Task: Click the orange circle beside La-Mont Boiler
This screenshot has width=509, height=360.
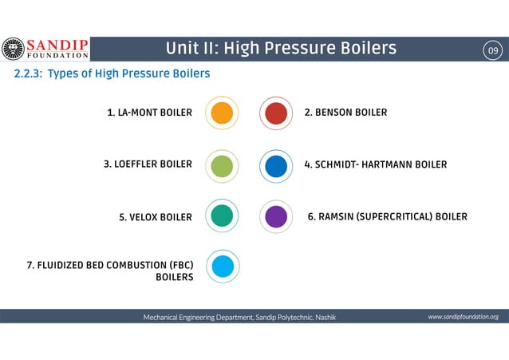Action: tap(222, 113)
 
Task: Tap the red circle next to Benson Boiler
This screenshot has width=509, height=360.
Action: tap(275, 113)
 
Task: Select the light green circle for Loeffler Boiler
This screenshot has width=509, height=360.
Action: tap(222, 165)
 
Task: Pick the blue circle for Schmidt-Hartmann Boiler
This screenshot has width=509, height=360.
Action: tap(275, 166)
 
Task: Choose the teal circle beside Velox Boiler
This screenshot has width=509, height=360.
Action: tap(222, 216)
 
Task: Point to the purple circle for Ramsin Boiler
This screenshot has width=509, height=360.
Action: tap(275, 216)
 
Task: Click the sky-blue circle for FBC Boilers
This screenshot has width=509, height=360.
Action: tap(222, 265)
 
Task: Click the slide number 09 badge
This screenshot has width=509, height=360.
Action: tap(493, 52)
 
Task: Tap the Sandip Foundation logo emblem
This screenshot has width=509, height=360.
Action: tap(14, 49)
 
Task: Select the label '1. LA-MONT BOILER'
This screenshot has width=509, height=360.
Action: tap(149, 113)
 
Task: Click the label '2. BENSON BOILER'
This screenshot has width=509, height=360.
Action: tap(345, 113)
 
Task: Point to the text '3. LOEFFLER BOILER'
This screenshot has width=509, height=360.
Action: tap(148, 165)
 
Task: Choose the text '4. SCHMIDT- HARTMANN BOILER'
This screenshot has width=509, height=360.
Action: tap(375, 165)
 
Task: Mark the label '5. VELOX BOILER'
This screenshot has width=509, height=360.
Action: tap(155, 217)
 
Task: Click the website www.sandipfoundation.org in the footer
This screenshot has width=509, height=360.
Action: tap(463, 317)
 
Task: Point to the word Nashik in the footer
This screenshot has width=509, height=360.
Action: tap(326, 318)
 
